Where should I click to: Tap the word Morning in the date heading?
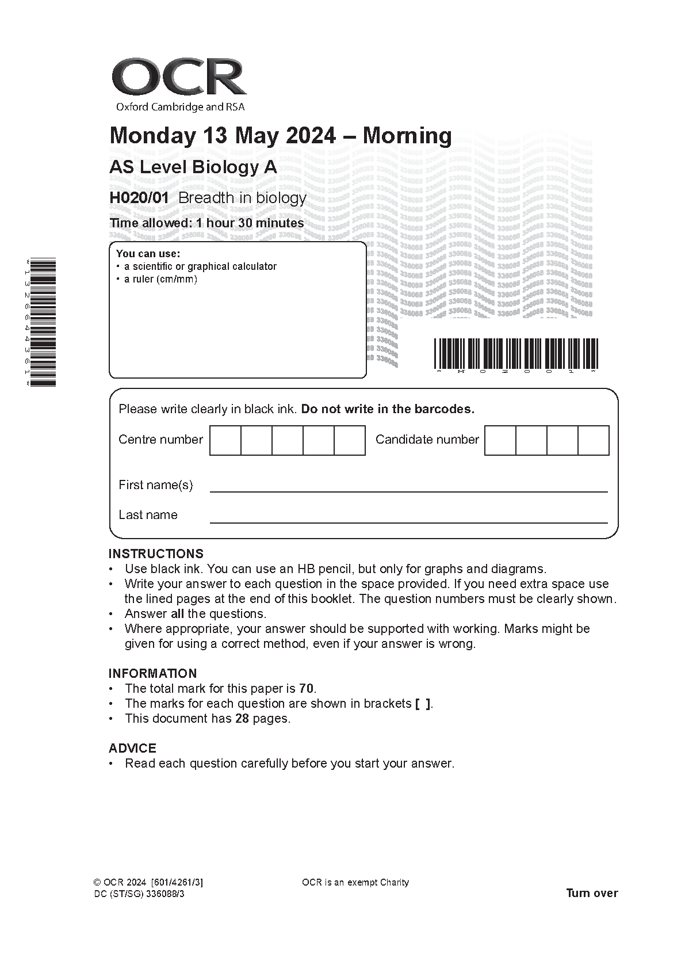(x=407, y=136)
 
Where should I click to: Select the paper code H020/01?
(x=139, y=198)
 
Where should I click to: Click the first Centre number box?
(x=225, y=440)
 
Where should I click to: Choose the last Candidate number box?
(x=593, y=440)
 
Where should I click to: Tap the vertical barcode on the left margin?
(x=42, y=322)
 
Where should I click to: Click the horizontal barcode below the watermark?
(x=515, y=353)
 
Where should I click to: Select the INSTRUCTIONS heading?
(x=156, y=554)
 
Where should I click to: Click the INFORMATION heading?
(x=152, y=673)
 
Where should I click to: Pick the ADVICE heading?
(x=132, y=748)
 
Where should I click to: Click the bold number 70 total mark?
(x=307, y=688)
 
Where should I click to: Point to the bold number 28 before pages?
(x=242, y=718)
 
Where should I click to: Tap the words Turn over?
(x=592, y=893)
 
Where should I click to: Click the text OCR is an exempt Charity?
(x=355, y=882)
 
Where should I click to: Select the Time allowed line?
(x=206, y=223)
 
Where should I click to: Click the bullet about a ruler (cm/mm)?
(x=160, y=280)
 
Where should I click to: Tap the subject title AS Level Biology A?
(x=193, y=167)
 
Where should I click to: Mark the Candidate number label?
(x=427, y=440)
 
